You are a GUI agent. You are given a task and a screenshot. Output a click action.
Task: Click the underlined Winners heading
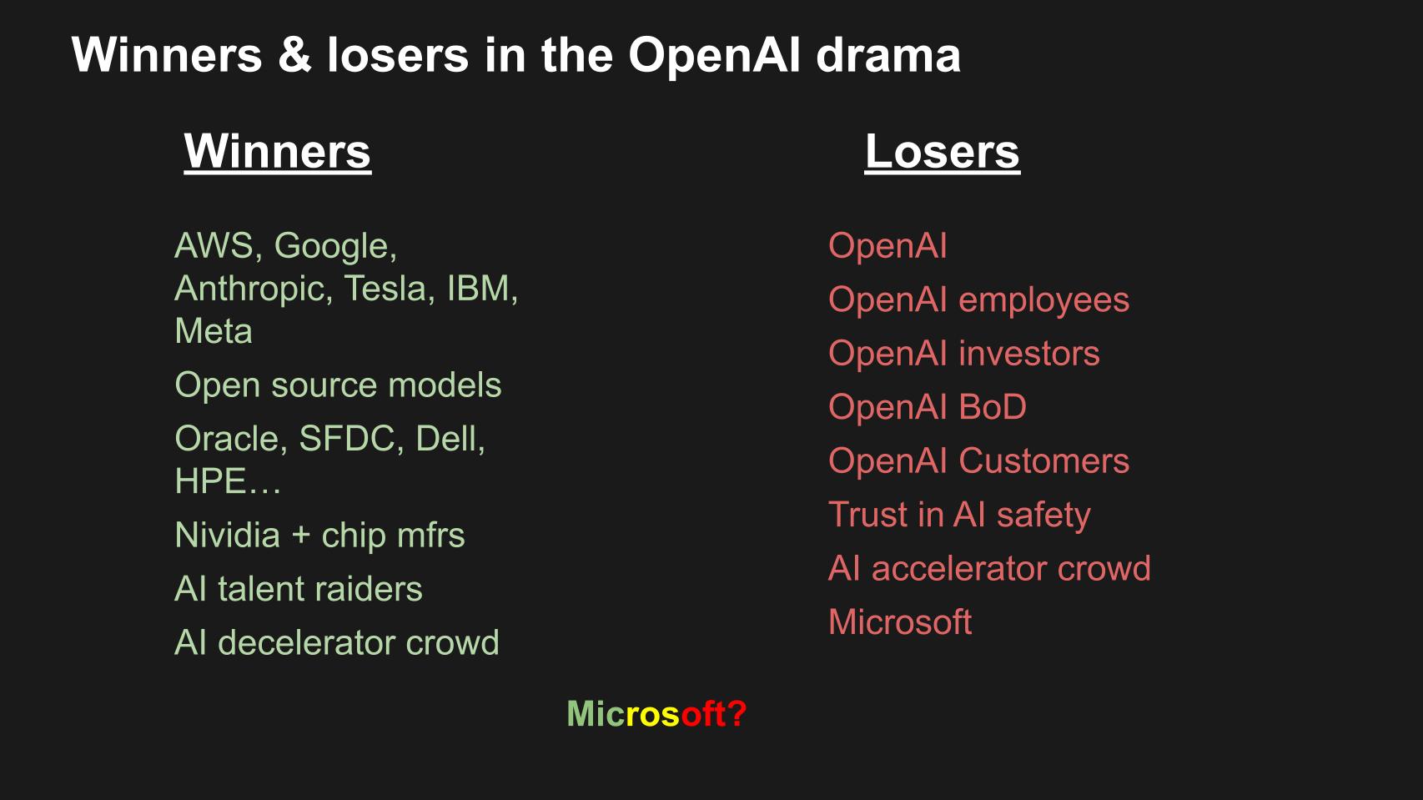(x=277, y=152)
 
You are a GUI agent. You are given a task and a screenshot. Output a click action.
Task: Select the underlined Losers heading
(x=942, y=152)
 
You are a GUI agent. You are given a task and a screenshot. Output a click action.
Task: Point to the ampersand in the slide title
(x=294, y=56)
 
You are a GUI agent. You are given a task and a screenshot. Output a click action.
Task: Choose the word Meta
(x=213, y=331)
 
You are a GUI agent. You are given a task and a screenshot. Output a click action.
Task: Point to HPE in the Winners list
(x=210, y=481)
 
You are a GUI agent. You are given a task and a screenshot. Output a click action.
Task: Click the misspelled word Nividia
(x=227, y=536)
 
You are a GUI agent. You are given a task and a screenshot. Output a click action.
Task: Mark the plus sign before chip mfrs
(x=300, y=536)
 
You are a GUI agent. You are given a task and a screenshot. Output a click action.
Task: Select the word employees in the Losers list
(x=1043, y=300)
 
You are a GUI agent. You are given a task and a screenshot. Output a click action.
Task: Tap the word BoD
(x=993, y=407)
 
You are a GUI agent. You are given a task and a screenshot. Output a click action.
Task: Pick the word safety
(x=1043, y=515)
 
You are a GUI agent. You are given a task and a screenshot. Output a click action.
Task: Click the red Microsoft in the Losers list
(x=900, y=622)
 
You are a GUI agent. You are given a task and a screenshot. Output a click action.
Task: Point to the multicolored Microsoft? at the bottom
(x=656, y=714)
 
